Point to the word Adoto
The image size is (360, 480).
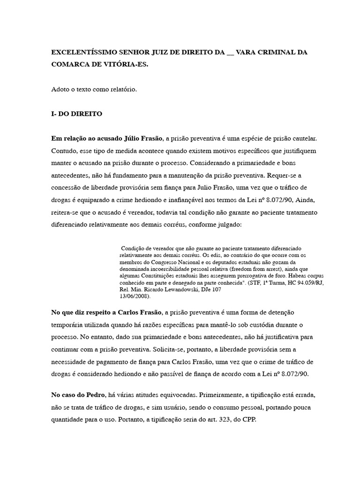[x=60, y=89]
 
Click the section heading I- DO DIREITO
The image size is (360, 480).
[x=76, y=114]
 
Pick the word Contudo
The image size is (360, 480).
[x=63, y=151]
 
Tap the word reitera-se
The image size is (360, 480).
[x=67, y=212]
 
